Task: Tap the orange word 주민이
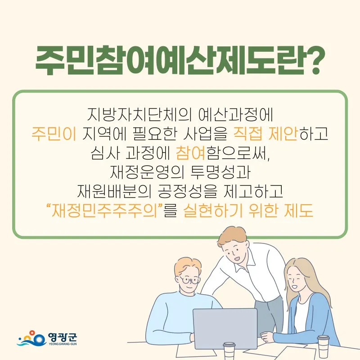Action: (x=54, y=133)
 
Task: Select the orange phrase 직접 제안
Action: (x=265, y=133)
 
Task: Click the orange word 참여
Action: (x=190, y=153)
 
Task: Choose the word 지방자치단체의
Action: (x=139, y=114)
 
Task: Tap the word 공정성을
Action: (x=187, y=191)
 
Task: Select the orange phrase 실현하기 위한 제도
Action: (x=248, y=211)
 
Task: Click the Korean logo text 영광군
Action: (x=63, y=337)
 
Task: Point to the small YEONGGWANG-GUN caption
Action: (x=63, y=344)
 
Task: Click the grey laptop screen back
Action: (x=225, y=328)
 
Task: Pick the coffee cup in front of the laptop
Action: (x=229, y=351)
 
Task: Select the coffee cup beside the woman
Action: (x=323, y=346)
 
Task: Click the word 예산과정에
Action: (x=235, y=114)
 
